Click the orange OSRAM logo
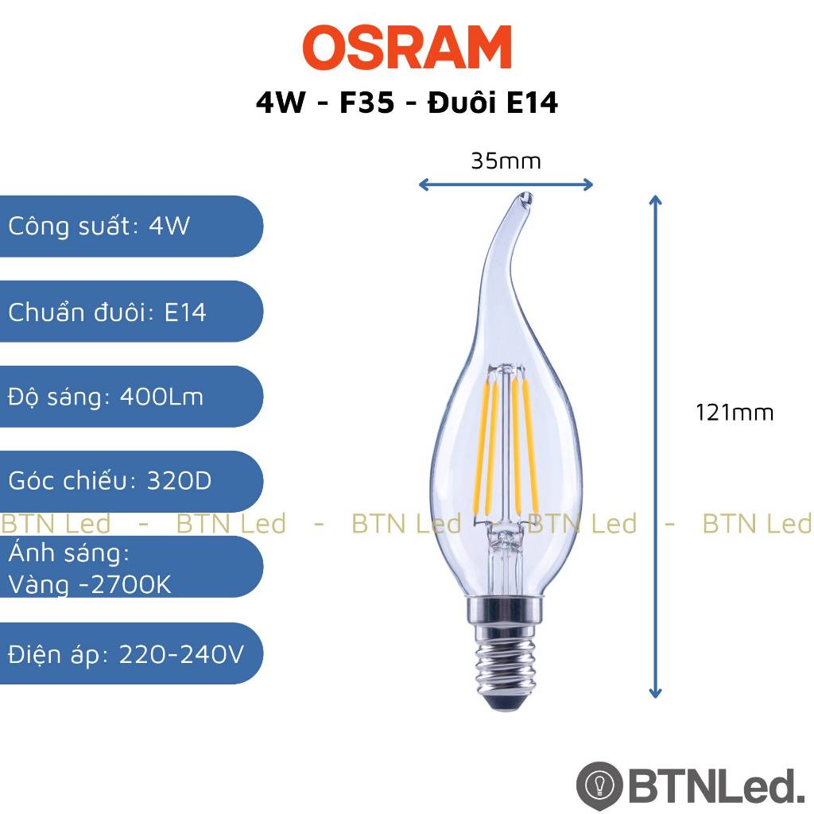click(x=407, y=47)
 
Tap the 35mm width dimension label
click(x=506, y=161)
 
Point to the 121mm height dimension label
click(x=735, y=413)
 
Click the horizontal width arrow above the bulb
click(x=506, y=184)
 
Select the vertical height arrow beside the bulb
click(x=655, y=447)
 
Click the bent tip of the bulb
click(x=525, y=199)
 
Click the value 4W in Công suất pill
click(x=169, y=226)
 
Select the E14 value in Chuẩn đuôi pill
click(x=185, y=312)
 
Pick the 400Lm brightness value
click(x=161, y=397)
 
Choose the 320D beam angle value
click(x=180, y=481)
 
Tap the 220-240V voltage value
click(x=181, y=655)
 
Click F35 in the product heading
click(x=366, y=102)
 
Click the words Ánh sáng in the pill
click(x=68, y=553)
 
